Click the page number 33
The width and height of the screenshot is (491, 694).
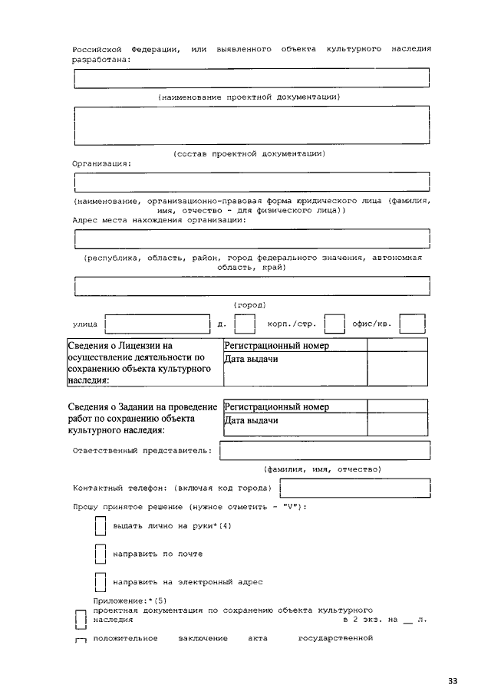click(453, 680)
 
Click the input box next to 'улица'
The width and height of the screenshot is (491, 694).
click(157, 325)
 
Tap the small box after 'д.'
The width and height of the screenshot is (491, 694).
click(245, 325)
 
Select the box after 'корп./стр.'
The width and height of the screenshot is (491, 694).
click(334, 325)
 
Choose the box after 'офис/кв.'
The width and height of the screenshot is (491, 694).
click(413, 325)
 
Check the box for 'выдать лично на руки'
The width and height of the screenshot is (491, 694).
click(99, 527)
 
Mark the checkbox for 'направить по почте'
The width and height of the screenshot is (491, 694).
click(99, 554)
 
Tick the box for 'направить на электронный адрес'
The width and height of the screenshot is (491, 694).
click(99, 581)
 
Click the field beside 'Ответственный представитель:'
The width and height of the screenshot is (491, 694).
click(325, 451)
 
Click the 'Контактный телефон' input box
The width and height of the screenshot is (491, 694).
click(354, 488)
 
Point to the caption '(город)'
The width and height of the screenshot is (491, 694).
click(249, 304)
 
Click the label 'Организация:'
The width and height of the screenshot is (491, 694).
click(102, 163)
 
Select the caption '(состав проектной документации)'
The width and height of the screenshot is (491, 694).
click(249, 153)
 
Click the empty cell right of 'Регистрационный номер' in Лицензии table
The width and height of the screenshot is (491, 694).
click(397, 346)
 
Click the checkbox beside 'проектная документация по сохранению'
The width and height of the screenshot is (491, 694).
click(80, 619)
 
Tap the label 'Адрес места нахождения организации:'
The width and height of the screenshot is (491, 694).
click(160, 220)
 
